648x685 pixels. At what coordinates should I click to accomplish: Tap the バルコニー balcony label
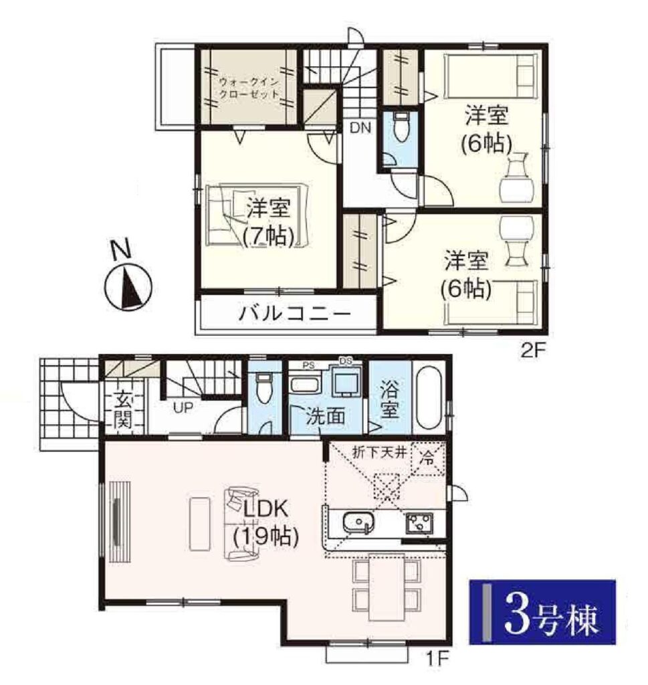[295, 314]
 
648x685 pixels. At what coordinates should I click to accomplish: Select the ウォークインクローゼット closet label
[249, 88]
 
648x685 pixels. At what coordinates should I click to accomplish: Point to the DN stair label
[360, 128]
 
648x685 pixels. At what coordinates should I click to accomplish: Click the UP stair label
[183, 408]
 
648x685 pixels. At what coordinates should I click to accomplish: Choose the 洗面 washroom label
[325, 416]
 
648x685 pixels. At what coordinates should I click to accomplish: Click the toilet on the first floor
[264, 387]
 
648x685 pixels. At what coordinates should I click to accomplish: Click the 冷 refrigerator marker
[427, 459]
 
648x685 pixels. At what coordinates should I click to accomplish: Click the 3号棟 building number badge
[542, 611]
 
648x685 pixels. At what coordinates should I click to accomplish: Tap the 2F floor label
[531, 351]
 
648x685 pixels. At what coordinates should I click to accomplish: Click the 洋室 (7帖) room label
[268, 222]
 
